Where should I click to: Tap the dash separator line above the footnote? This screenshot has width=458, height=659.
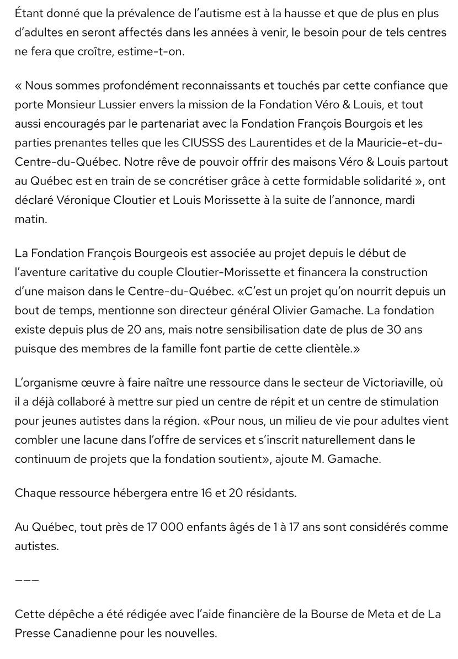[x=26, y=580]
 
